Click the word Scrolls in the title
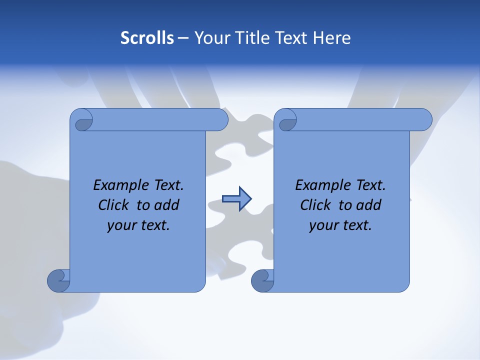point(147,38)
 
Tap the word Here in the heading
point(332,38)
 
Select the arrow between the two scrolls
point(236,199)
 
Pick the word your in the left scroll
point(119,225)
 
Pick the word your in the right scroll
point(321,225)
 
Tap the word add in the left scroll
point(166,205)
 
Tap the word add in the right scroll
point(368,205)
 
